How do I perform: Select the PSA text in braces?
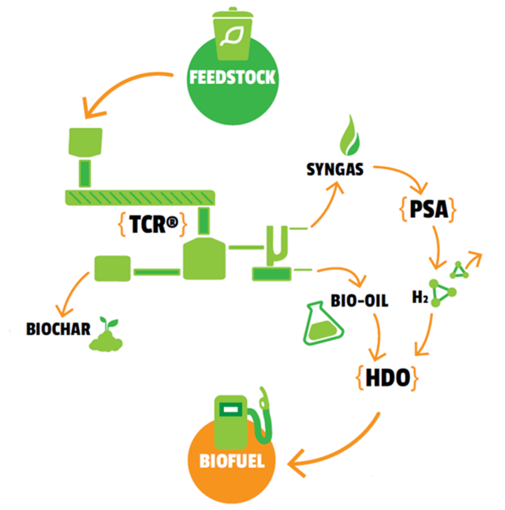coord(427,210)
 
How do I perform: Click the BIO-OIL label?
coord(359,301)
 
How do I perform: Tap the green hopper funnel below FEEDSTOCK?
coord(86,142)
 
